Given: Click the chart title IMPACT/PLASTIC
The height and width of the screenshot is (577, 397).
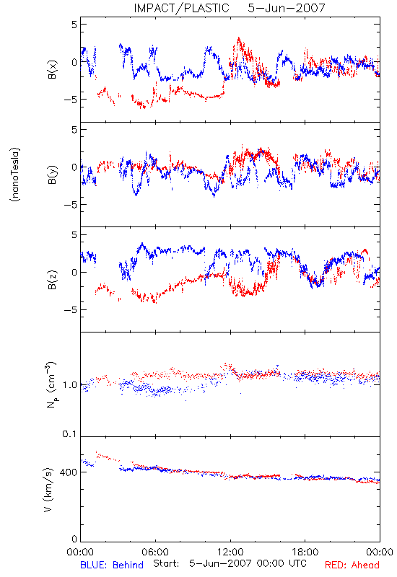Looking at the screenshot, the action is pyautogui.click(x=182, y=8).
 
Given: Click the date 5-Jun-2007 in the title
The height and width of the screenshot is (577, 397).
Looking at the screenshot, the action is pyautogui.click(x=287, y=8).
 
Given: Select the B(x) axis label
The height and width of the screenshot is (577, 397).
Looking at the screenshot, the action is pyautogui.click(x=52, y=69).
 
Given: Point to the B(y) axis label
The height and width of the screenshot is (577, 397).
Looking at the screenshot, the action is pyautogui.click(x=52, y=175).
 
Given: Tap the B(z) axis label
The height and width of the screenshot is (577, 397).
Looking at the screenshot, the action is pyautogui.click(x=52, y=280).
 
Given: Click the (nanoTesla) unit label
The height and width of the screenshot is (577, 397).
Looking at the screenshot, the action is pyautogui.click(x=15, y=175).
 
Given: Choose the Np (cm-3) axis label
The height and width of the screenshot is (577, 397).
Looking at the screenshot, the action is pyautogui.click(x=51, y=384).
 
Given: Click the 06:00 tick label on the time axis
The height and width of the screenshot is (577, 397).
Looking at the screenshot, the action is pyautogui.click(x=155, y=552).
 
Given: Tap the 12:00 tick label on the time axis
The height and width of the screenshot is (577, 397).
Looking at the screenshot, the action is pyautogui.click(x=230, y=552).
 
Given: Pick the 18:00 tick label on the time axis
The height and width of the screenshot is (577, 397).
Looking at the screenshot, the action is pyautogui.click(x=305, y=552).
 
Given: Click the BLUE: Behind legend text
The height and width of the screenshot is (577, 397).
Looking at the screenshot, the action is pyautogui.click(x=112, y=565).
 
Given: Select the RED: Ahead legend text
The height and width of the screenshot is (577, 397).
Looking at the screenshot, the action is pyautogui.click(x=352, y=565).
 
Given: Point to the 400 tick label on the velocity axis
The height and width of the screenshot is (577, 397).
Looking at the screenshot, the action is pyautogui.click(x=69, y=472).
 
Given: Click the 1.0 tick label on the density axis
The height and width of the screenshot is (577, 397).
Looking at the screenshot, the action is pyautogui.click(x=70, y=385).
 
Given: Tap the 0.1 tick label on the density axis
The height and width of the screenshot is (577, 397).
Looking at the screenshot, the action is pyautogui.click(x=69, y=434).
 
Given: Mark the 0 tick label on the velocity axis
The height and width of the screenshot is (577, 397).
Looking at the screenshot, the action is pyautogui.click(x=74, y=539).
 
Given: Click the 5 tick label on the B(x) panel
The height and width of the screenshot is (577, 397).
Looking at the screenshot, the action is pyautogui.click(x=75, y=25).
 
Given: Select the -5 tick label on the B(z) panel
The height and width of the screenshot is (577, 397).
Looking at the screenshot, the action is pyautogui.click(x=71, y=310).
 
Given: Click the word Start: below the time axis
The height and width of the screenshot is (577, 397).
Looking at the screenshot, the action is pyautogui.click(x=167, y=563).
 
